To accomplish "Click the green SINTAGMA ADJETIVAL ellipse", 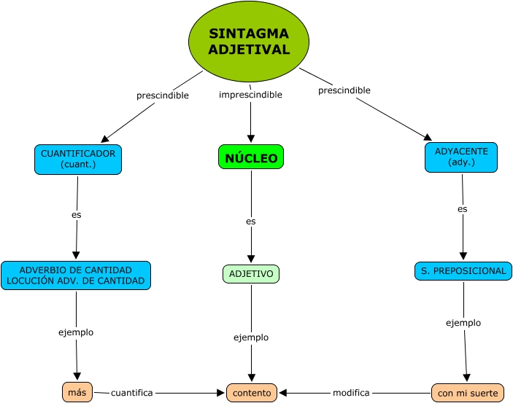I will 249,42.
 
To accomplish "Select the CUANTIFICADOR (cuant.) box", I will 78,159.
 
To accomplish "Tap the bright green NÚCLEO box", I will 251,157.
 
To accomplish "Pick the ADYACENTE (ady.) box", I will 461,157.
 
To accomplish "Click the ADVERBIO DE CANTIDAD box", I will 76,275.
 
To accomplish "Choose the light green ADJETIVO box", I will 251,274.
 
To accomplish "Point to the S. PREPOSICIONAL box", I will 463,271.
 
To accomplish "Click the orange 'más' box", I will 77,393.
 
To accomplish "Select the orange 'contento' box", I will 252,393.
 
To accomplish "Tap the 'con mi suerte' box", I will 468,394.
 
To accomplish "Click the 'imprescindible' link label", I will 250,95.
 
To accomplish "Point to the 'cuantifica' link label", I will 132,393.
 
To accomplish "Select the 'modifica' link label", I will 351,393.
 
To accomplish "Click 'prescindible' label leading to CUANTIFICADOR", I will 163,95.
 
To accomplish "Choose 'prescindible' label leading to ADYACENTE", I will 344,90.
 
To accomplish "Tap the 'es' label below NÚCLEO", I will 251,221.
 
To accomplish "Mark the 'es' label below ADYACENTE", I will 463,209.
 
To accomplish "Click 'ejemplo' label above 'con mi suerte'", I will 463,323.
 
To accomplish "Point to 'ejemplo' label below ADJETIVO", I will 251,337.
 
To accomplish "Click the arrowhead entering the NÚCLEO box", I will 251,138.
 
